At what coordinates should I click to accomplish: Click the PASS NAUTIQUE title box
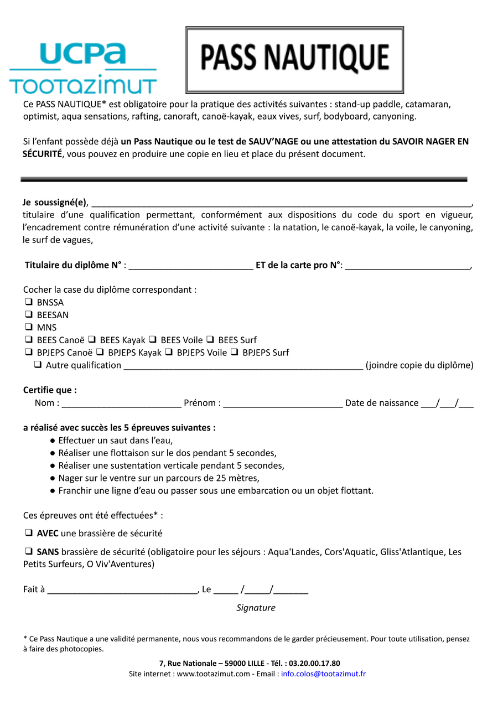click(294, 60)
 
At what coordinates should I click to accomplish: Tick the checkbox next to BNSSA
click(28, 302)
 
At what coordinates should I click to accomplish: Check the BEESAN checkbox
click(28, 315)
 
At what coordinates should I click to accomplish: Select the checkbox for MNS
click(28, 327)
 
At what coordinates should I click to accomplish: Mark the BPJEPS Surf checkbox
click(234, 353)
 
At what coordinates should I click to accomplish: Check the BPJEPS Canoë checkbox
click(28, 353)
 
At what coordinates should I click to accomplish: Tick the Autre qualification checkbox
click(38, 365)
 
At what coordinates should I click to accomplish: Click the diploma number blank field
click(190, 266)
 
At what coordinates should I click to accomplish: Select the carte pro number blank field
click(407, 266)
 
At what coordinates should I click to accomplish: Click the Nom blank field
click(121, 403)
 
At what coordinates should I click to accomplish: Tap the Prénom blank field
click(283, 403)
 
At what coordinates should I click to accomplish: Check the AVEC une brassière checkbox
click(28, 534)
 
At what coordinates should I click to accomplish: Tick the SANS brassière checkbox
click(28, 552)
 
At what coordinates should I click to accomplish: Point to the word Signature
click(256, 608)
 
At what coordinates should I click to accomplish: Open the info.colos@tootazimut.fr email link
click(323, 674)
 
